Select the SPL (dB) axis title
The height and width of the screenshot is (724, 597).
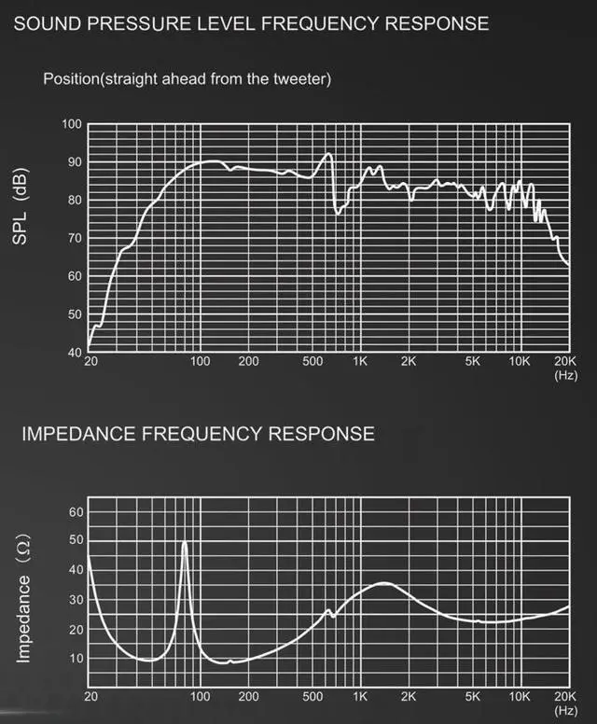(x=21, y=207)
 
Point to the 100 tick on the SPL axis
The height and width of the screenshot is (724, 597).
(x=72, y=125)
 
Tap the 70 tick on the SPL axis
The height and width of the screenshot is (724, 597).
(x=75, y=239)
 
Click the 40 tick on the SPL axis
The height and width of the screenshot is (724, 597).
(x=75, y=353)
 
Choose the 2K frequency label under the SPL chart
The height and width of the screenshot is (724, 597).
(x=409, y=361)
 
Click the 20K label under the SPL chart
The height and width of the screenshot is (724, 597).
(x=566, y=361)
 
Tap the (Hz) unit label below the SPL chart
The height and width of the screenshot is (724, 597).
(x=566, y=375)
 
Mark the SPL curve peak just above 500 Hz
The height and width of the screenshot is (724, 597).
(x=328, y=154)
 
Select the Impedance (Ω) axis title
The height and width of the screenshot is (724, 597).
(x=23, y=600)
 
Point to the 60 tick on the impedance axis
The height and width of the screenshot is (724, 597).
(x=76, y=512)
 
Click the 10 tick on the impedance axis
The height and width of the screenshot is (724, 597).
(x=76, y=658)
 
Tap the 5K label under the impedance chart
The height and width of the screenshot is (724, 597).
(x=473, y=697)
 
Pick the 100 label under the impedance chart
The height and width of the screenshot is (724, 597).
(x=200, y=697)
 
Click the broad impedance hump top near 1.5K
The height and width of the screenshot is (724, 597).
(x=384, y=582)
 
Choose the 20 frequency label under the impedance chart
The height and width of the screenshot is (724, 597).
(x=90, y=697)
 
